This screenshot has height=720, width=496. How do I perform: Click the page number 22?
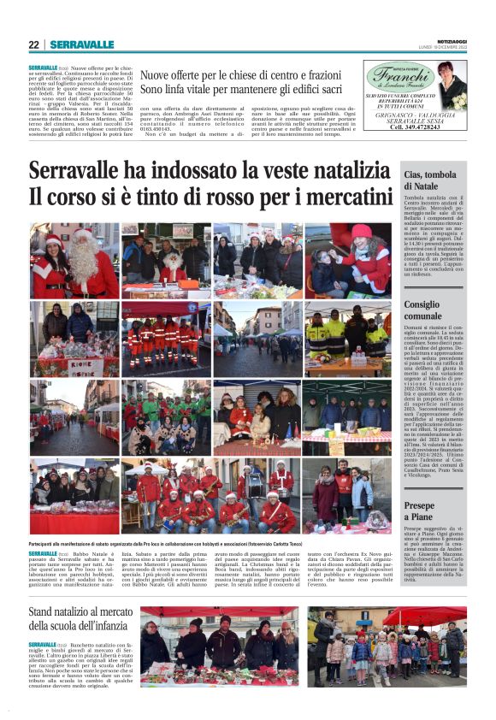33,45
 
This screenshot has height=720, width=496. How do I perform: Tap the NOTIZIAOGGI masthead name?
451,39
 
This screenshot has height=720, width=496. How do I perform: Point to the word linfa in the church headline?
194,88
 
